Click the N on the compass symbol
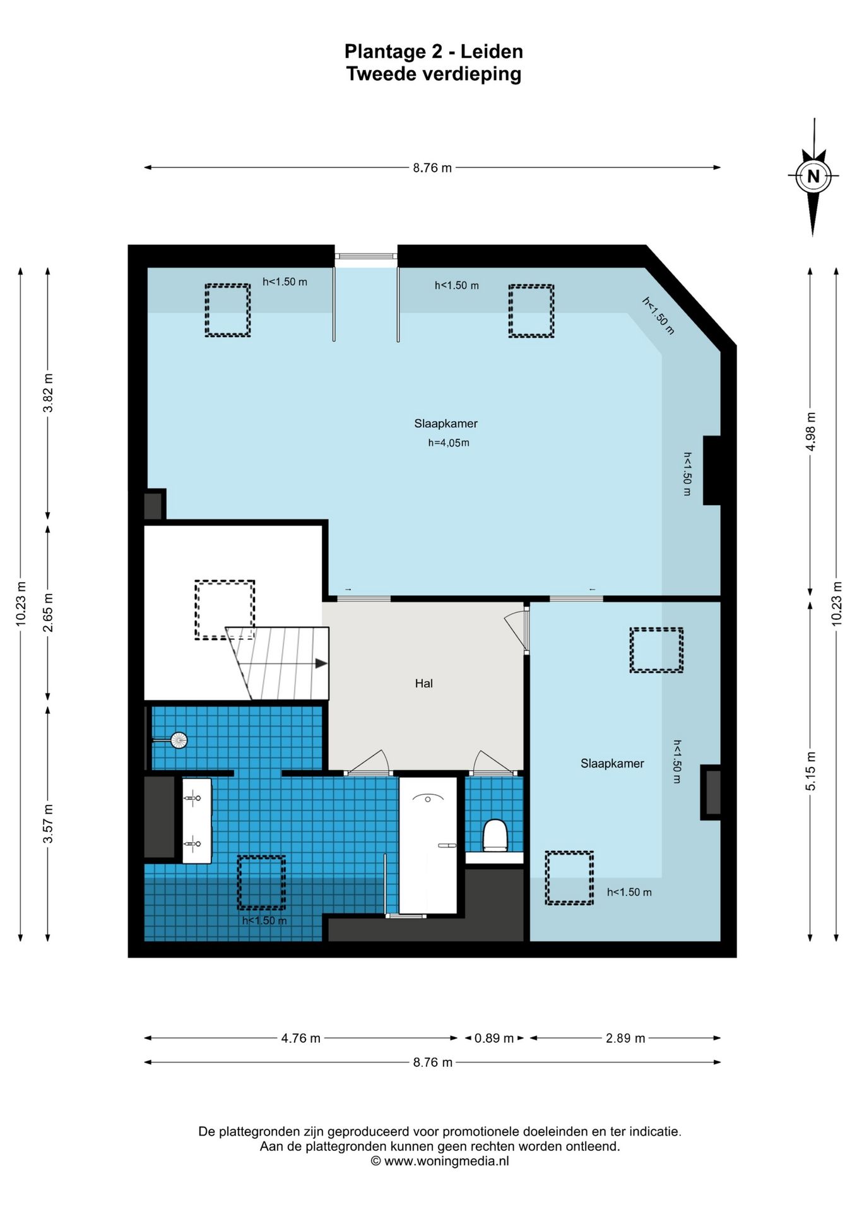(x=813, y=176)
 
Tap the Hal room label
(x=424, y=683)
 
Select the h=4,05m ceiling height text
(x=449, y=443)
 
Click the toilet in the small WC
(x=495, y=835)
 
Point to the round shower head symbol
(x=179, y=740)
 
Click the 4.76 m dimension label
(x=301, y=1038)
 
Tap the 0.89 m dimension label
(x=494, y=1038)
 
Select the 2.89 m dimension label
(x=625, y=1038)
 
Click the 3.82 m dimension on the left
(x=48, y=393)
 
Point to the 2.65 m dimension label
(x=48, y=612)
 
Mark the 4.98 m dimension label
(x=811, y=431)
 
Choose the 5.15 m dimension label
(x=811, y=771)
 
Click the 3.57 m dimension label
(x=48, y=824)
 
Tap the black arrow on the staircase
(x=321, y=663)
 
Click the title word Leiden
(x=492, y=51)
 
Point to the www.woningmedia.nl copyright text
(x=439, y=1160)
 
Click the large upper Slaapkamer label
(x=446, y=424)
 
